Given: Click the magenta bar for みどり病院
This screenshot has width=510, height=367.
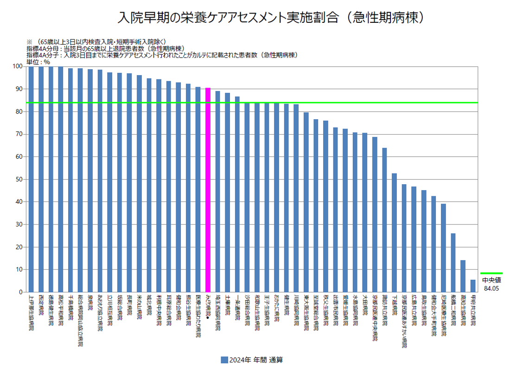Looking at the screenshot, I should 208,190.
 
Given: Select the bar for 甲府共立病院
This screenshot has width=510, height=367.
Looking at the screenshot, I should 473,286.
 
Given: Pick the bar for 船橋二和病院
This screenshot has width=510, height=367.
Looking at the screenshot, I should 453,263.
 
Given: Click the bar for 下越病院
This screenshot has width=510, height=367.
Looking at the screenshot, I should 394,232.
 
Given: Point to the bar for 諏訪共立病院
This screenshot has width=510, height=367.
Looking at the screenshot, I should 384,220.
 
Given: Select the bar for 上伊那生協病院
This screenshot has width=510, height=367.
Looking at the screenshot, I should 31,179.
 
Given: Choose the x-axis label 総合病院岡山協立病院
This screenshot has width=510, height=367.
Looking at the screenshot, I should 80,320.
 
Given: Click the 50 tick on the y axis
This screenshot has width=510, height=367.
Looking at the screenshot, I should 20,179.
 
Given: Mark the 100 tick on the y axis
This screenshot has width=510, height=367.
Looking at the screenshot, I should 19,66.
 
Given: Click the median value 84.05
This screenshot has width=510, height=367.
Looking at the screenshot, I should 491,288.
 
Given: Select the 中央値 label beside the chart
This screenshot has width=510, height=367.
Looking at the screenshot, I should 491,280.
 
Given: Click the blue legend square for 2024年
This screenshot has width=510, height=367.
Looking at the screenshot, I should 224,360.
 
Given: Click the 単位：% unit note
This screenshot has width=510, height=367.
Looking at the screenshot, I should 38,61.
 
